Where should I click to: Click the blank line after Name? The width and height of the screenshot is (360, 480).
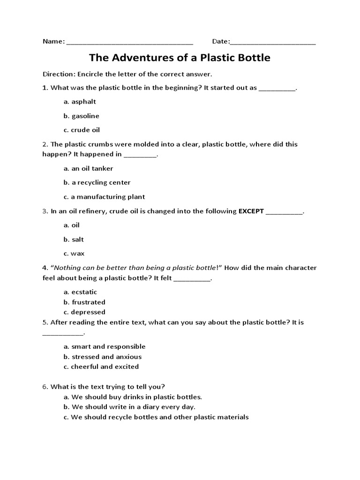point(130,43)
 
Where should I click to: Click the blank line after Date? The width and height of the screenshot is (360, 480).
point(273,43)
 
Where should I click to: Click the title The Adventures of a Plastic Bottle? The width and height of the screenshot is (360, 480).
point(180,58)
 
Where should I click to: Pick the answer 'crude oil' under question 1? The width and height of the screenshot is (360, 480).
point(82,130)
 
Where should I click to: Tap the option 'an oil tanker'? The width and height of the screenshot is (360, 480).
point(88,168)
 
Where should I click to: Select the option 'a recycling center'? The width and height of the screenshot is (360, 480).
point(97,182)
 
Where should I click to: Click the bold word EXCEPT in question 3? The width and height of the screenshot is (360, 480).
point(251,211)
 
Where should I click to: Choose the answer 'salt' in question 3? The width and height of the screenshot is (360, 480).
point(74,240)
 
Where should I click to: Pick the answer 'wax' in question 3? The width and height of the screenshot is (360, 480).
point(74,254)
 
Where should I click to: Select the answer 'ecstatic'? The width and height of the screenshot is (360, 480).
point(80,292)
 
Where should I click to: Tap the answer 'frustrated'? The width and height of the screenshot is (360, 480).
point(84,302)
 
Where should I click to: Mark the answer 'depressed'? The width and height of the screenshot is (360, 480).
point(84,312)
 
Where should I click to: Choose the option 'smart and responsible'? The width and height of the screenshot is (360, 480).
point(104,347)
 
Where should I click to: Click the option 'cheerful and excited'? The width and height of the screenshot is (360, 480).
point(101,367)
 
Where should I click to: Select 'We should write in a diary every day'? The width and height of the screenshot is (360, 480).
point(129,407)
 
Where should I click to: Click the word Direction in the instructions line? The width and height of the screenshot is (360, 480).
point(59,74)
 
